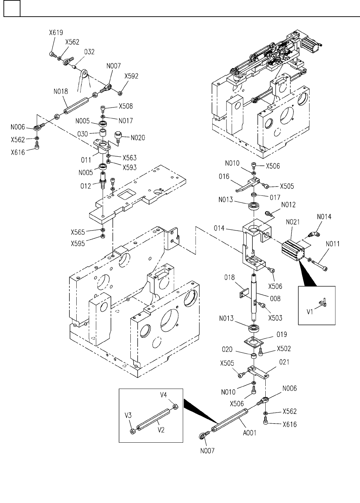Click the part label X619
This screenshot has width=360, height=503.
coord(56,33)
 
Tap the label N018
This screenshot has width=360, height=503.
coord(61,92)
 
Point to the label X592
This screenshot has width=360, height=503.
coord(131,76)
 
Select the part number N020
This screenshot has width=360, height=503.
coord(138,138)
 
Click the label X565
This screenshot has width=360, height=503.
coord(78,232)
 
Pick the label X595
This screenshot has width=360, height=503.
coord(78,243)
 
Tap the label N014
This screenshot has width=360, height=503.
coord(324,217)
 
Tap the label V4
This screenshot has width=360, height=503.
coord(163,394)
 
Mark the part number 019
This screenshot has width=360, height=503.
coord(282,335)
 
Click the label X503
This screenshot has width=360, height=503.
coord(276,318)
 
